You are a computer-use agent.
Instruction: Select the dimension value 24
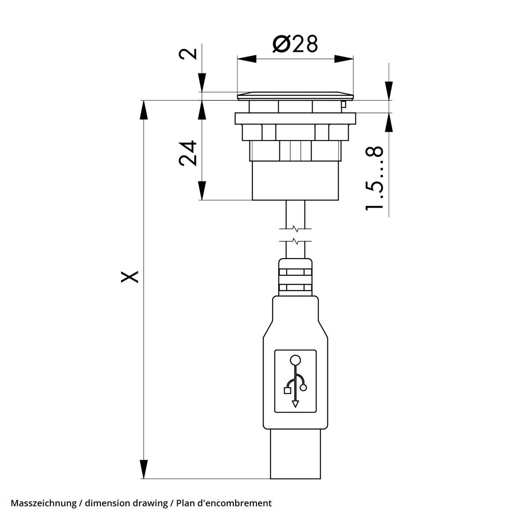coord(188,153)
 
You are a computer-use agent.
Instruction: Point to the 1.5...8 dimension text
coord(374,178)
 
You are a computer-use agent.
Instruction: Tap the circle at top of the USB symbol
coord(295,360)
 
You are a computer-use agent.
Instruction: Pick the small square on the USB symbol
coord(287,390)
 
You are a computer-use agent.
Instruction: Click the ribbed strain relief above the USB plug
coord(295,278)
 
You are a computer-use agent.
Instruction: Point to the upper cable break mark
coord(295,229)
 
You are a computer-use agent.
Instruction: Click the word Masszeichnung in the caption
coord(44,503)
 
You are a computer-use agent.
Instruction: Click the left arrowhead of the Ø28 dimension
coord(246,59)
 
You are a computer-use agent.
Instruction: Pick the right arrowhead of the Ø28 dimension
coord(344,59)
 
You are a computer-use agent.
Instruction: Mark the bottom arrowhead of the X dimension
coord(145,469)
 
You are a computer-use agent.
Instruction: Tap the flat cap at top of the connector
coord(295,96)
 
